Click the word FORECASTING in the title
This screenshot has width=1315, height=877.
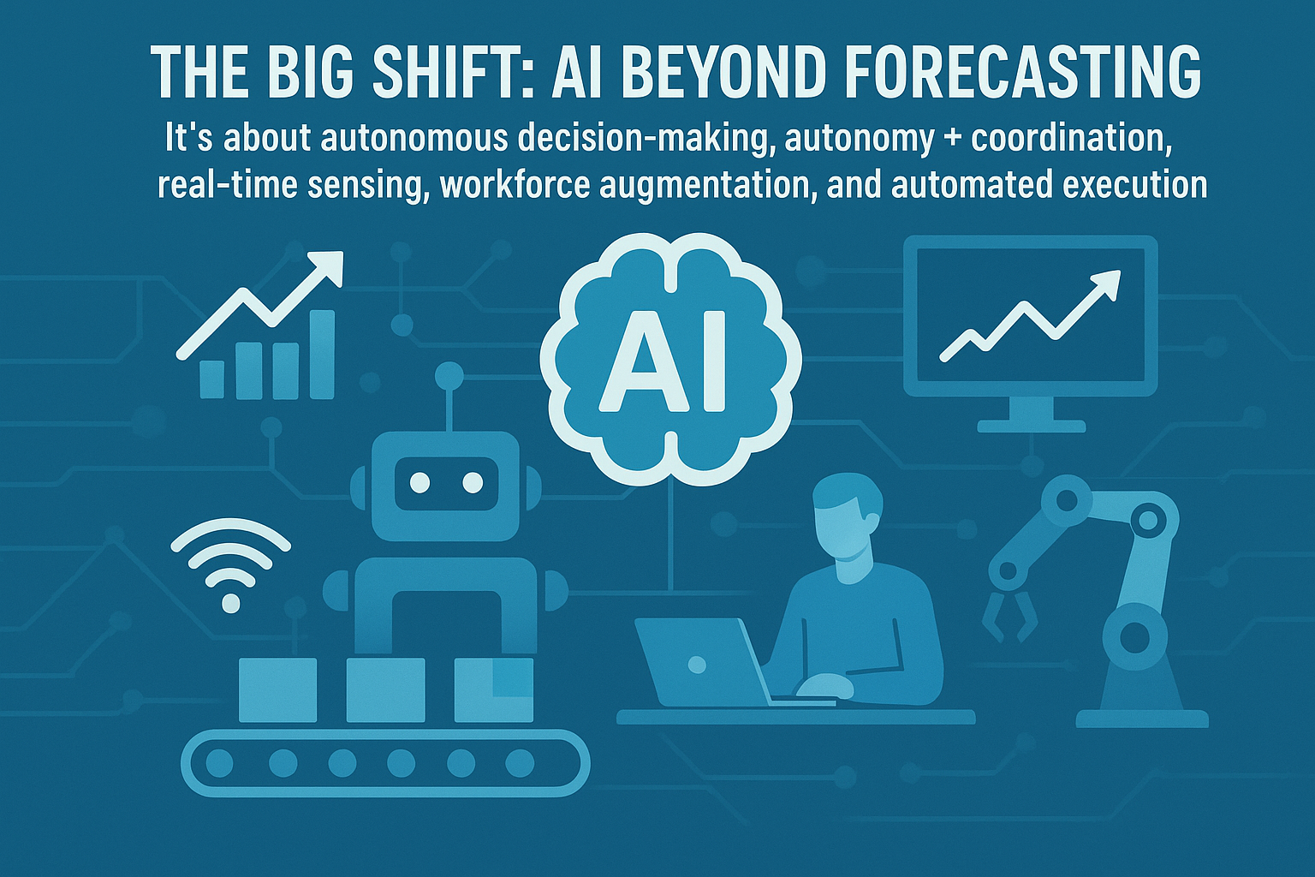point(1023,72)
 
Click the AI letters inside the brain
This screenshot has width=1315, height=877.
point(663,362)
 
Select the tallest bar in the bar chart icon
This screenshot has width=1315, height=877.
point(322,355)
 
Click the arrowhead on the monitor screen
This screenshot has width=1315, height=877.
point(1105,285)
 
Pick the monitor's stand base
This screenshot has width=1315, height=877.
point(1032,426)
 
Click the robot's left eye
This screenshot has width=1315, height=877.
point(419,483)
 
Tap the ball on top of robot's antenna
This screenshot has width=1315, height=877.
point(449,375)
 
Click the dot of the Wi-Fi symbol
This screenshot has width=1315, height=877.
point(230,603)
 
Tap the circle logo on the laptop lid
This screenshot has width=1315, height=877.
point(697,665)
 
